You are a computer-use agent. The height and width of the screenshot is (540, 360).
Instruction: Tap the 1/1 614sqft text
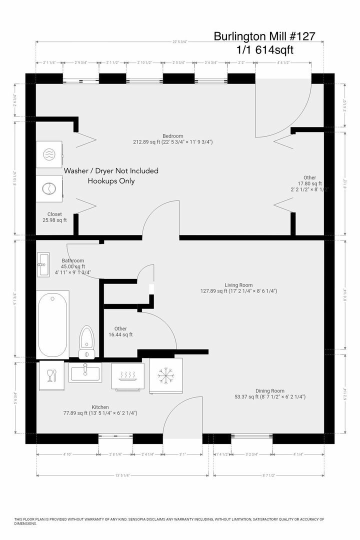[265, 50]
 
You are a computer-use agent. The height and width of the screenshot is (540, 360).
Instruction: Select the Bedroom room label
[172, 136]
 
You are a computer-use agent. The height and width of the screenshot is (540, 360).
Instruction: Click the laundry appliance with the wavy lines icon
[49, 154]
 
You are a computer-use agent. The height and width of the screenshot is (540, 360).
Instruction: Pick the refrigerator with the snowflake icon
[165, 375]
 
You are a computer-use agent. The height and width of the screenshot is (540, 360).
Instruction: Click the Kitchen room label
[100, 407]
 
